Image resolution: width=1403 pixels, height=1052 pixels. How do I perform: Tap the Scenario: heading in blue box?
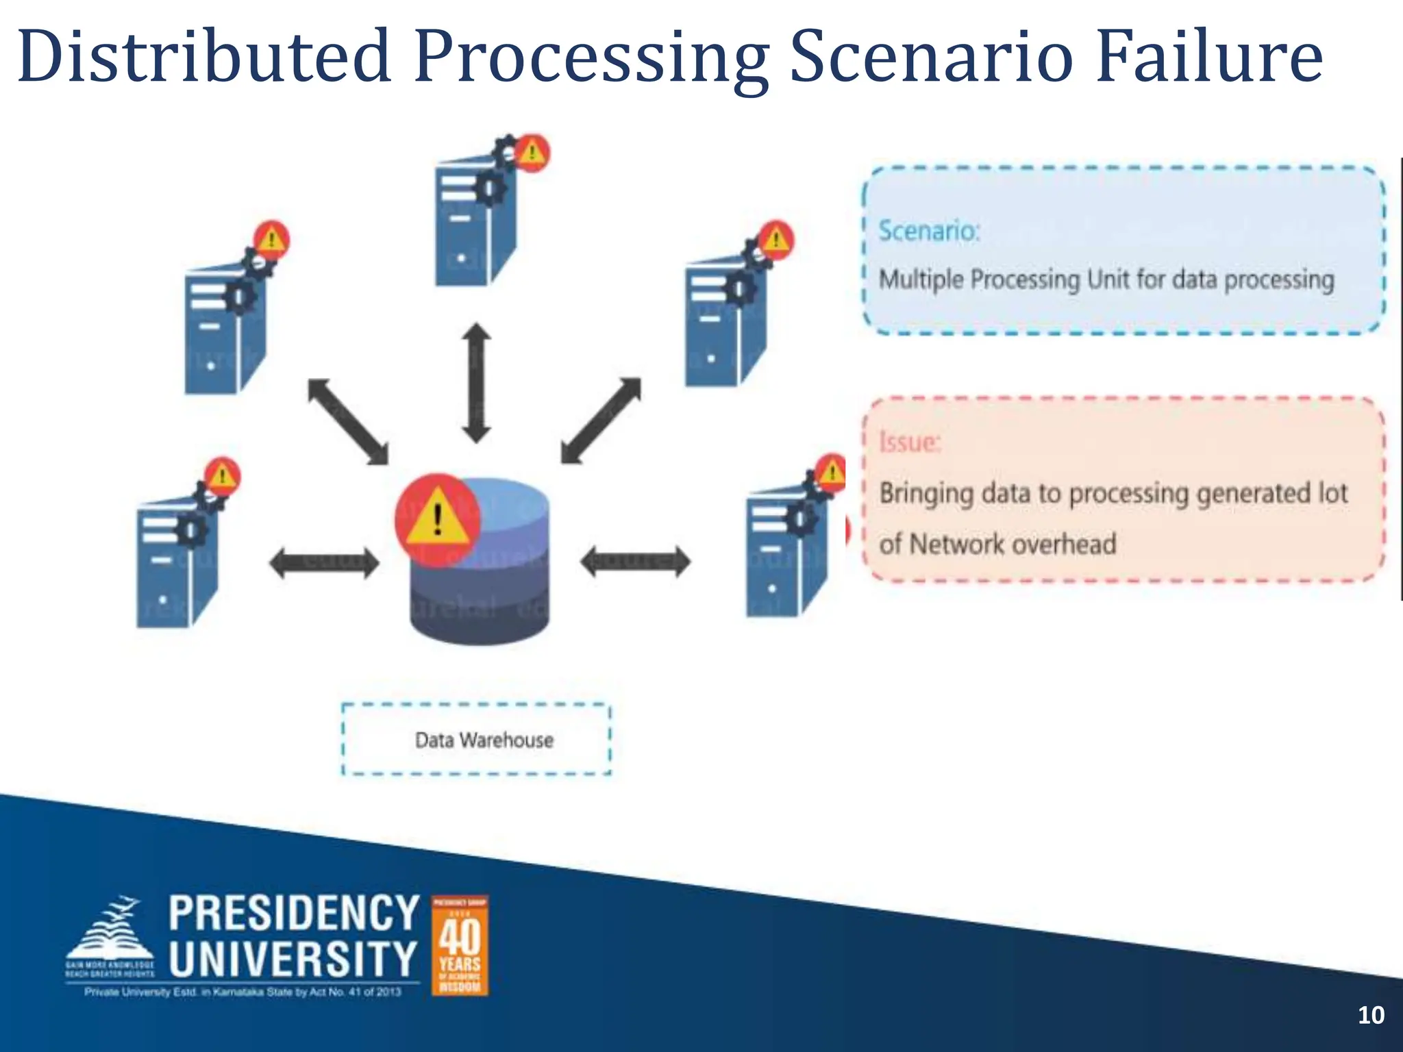929,231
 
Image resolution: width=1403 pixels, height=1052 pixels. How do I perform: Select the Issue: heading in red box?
910,442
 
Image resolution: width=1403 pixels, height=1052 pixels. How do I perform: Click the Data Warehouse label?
484,740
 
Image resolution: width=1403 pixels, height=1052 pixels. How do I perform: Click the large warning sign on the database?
437,516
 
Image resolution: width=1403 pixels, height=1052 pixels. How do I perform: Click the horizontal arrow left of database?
323,563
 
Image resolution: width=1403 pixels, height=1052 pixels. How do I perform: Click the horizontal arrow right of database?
636,563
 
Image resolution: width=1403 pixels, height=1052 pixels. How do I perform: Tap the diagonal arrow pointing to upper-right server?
601,421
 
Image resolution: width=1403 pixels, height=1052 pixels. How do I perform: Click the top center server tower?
474,219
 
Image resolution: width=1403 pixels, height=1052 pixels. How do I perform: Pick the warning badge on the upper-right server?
775,240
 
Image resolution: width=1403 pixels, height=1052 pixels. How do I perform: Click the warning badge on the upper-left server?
272,240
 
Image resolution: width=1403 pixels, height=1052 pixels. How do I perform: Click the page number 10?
1371,1014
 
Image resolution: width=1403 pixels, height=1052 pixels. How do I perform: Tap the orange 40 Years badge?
460,945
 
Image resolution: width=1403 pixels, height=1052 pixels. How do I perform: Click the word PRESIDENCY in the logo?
294,913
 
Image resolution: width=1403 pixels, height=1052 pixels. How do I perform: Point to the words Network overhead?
1013,544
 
